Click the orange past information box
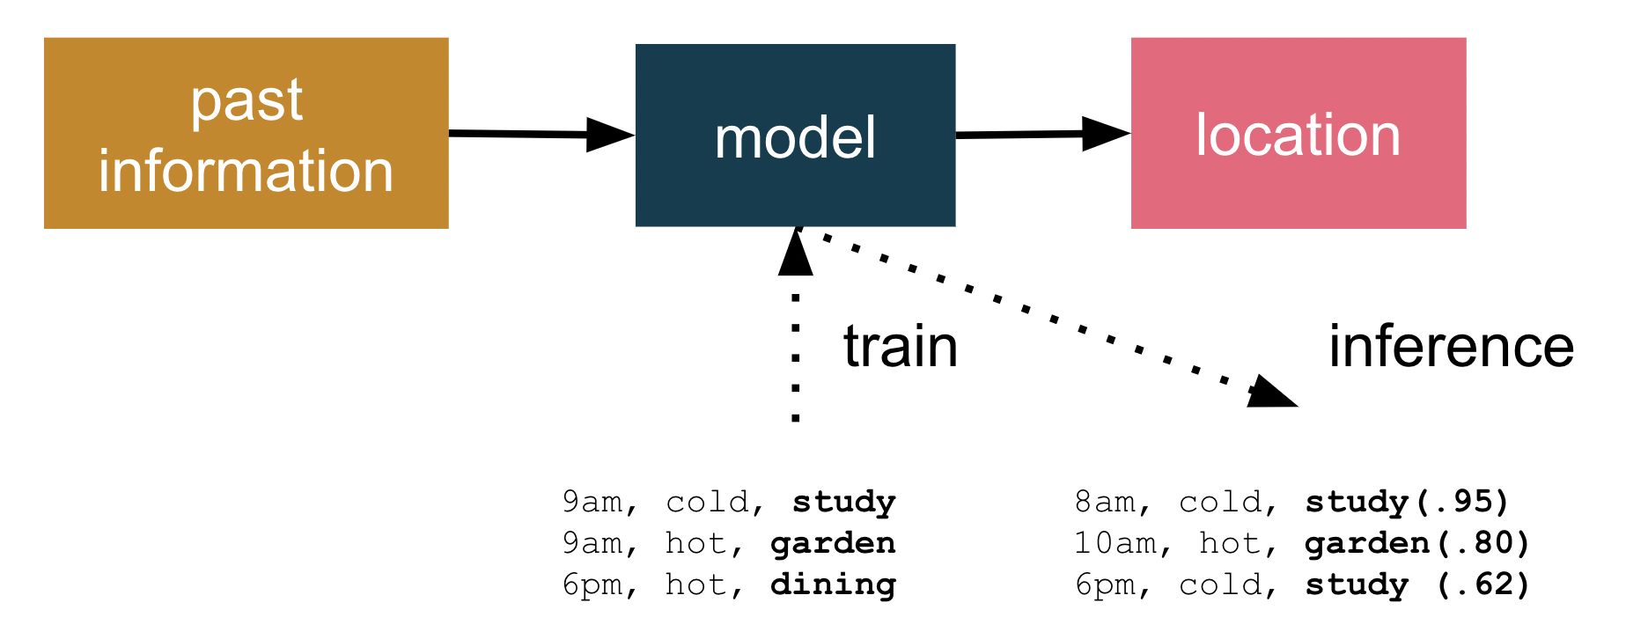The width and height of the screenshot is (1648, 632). (x=246, y=133)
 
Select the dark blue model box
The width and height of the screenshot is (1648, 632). (x=795, y=136)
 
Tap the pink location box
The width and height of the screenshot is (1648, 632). (x=1299, y=133)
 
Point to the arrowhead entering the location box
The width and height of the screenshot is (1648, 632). (x=1107, y=134)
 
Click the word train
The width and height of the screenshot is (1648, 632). (x=901, y=346)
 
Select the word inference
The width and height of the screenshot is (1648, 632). (x=1452, y=346)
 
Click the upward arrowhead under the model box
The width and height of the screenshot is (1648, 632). (x=796, y=252)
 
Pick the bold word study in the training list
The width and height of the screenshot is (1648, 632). (x=844, y=502)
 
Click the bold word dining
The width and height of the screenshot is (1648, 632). (x=834, y=584)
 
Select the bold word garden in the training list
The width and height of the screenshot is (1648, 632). (x=834, y=543)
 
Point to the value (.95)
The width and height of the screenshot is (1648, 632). (x=1460, y=502)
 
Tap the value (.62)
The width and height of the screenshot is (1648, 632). (x=1482, y=584)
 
